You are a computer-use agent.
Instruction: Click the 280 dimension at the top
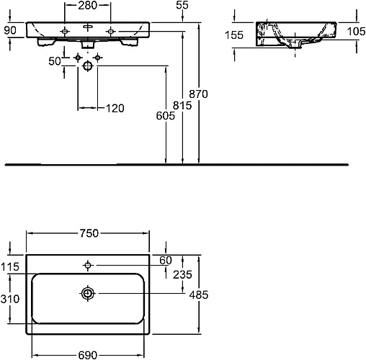(x=87, y=6)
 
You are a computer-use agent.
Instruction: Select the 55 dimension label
(x=182, y=6)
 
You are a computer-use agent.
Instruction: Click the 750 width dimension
(x=89, y=233)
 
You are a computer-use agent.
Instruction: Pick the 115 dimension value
(x=11, y=266)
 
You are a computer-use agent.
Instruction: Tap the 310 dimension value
(x=11, y=298)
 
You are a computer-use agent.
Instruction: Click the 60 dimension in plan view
(x=166, y=259)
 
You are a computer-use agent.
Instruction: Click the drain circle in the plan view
(x=88, y=293)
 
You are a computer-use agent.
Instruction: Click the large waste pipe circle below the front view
(x=88, y=66)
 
